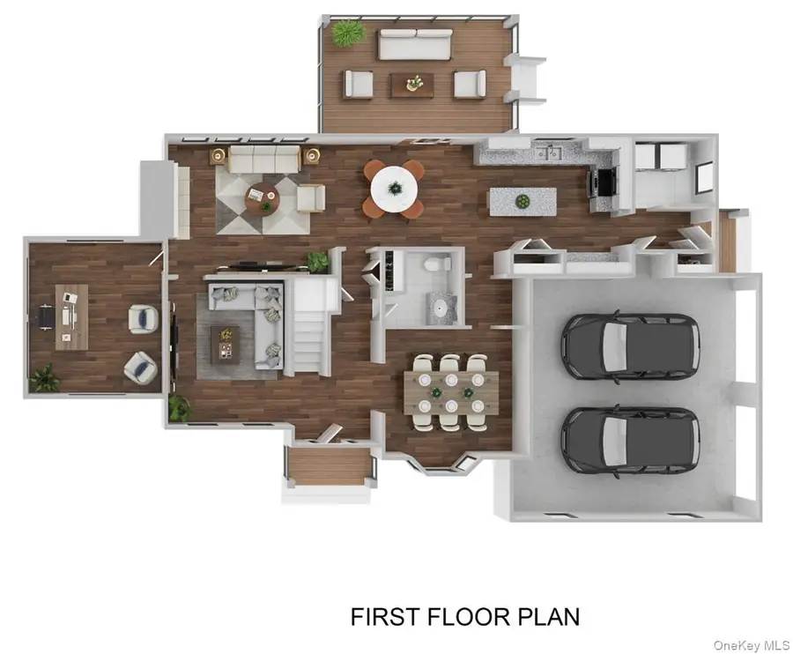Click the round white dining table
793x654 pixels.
click(x=394, y=186)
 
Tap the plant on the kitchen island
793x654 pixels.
click(x=522, y=202)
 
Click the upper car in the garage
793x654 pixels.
click(x=630, y=346)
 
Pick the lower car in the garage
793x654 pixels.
click(x=630, y=440)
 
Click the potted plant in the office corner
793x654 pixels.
click(x=44, y=379)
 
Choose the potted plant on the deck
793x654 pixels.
click(x=347, y=33)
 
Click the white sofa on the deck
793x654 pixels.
click(x=415, y=43)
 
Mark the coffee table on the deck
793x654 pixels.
click(x=412, y=85)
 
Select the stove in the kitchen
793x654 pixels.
click(x=602, y=182)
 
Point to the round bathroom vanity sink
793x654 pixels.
click(x=439, y=305)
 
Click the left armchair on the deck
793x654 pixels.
click(x=359, y=84)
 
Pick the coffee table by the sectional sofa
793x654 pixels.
click(x=225, y=342)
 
